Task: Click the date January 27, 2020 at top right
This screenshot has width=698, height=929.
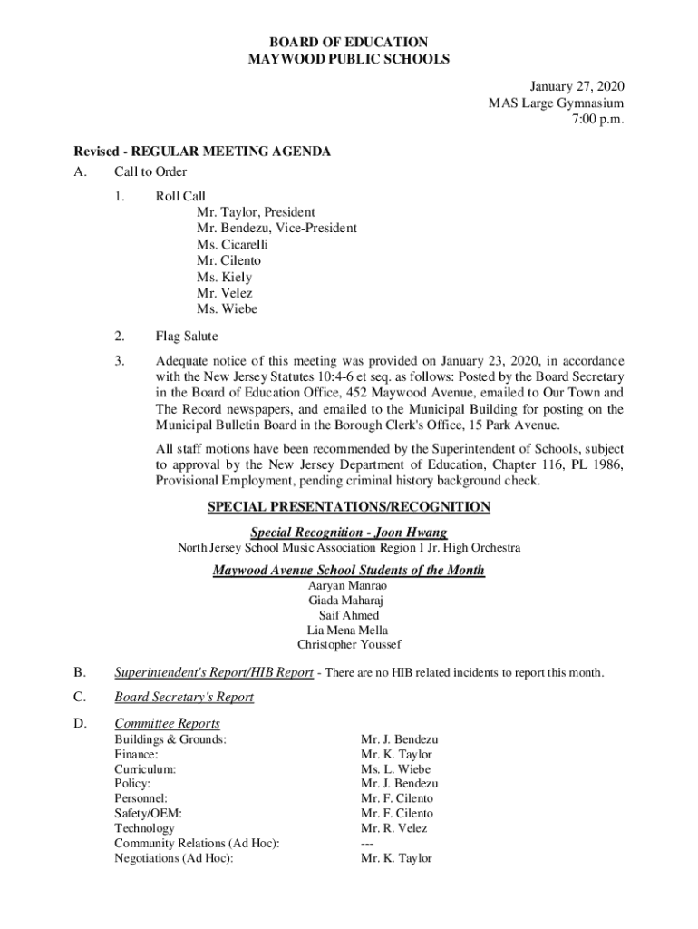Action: (577, 87)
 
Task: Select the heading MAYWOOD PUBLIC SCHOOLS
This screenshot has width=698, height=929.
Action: (349, 59)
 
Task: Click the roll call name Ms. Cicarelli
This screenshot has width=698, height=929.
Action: (232, 244)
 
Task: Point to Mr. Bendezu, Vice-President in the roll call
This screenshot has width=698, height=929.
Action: (276, 228)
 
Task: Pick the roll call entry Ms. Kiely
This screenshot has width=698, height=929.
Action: (224, 277)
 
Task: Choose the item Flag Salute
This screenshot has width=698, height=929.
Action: (187, 337)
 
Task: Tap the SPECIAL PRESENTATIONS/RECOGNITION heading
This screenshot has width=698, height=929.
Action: (349, 507)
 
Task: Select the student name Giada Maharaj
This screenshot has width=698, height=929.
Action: (349, 601)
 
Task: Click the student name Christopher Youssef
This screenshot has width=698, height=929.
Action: (349, 645)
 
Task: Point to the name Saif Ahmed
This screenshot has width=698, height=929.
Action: (349, 615)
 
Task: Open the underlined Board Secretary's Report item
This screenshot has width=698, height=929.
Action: (184, 697)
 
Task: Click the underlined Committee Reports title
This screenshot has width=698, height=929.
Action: (168, 723)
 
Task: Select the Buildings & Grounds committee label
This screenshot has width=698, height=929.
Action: (170, 739)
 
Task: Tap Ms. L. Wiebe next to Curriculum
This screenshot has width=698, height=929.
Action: (395, 769)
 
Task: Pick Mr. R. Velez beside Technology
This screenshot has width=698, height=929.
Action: (393, 828)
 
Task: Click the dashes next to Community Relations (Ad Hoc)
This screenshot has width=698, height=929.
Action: (367, 844)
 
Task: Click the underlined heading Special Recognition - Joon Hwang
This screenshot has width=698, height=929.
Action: (349, 533)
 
